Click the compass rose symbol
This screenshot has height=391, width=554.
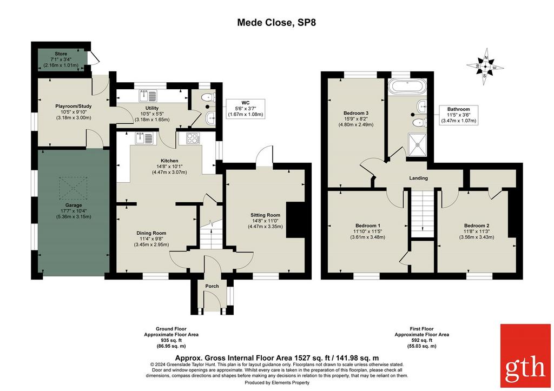coord(485,66)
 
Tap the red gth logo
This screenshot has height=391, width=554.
coord(525,355)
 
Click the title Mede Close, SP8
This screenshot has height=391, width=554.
coord(276,23)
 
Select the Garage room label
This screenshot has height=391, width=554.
coord(74,205)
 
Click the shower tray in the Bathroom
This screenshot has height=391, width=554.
coord(418,144)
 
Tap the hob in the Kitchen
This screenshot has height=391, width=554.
coord(193,138)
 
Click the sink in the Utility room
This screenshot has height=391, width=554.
coord(148,96)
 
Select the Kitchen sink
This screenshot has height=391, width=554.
coord(144,138)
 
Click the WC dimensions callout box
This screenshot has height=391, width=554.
coord(245,109)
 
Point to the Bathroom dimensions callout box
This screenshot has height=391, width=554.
coord(459,115)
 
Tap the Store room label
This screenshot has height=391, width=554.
coord(61,54)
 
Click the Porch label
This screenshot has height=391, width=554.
coord(212,286)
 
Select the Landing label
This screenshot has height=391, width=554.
coord(418,178)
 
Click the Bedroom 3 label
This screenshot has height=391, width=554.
coord(356,113)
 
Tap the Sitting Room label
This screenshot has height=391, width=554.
coord(265,215)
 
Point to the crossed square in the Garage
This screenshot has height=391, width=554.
coord(73,188)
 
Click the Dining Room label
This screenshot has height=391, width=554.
coord(151,233)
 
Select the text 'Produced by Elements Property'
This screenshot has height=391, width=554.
coord(277,382)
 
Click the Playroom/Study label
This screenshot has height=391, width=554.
coord(74,106)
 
